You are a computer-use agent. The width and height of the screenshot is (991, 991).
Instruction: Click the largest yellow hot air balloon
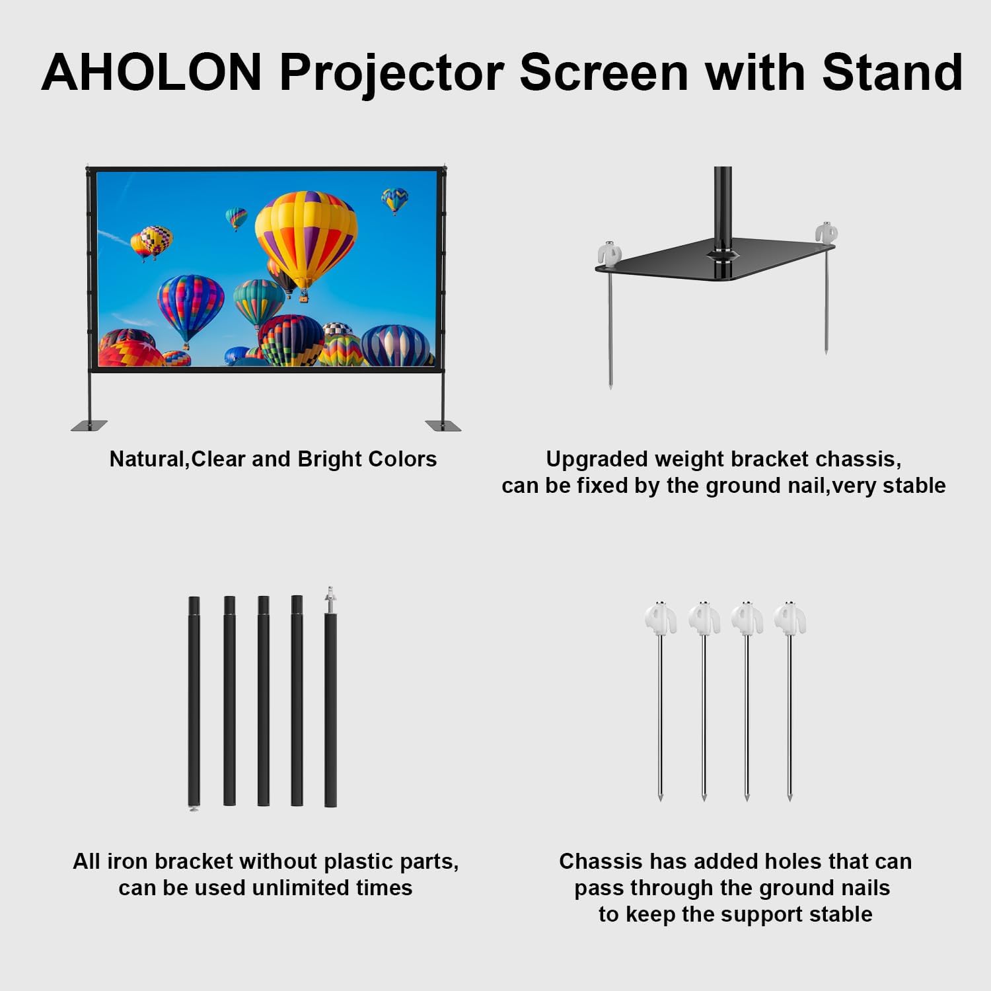pos(307,235)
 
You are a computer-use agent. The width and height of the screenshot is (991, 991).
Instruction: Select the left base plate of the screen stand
pos(89,425)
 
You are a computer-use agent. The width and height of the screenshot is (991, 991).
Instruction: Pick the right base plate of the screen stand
pos(443,425)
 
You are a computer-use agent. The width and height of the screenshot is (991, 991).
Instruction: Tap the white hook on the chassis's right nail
pos(826,233)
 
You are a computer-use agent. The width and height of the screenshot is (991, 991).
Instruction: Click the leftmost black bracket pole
pos(194,700)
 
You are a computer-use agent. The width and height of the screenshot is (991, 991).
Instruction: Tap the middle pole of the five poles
pos(263,700)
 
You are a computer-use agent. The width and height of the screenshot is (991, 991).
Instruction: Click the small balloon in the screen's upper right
pos(394,200)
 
